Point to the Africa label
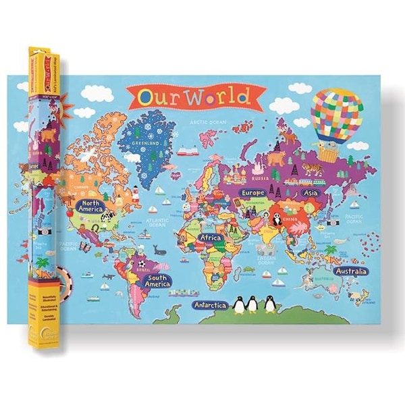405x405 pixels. tap(211, 238)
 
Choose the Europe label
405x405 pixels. tap(252, 192)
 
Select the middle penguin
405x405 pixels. tap(252, 305)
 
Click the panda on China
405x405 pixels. tap(277, 218)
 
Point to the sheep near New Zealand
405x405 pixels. tap(362, 295)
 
